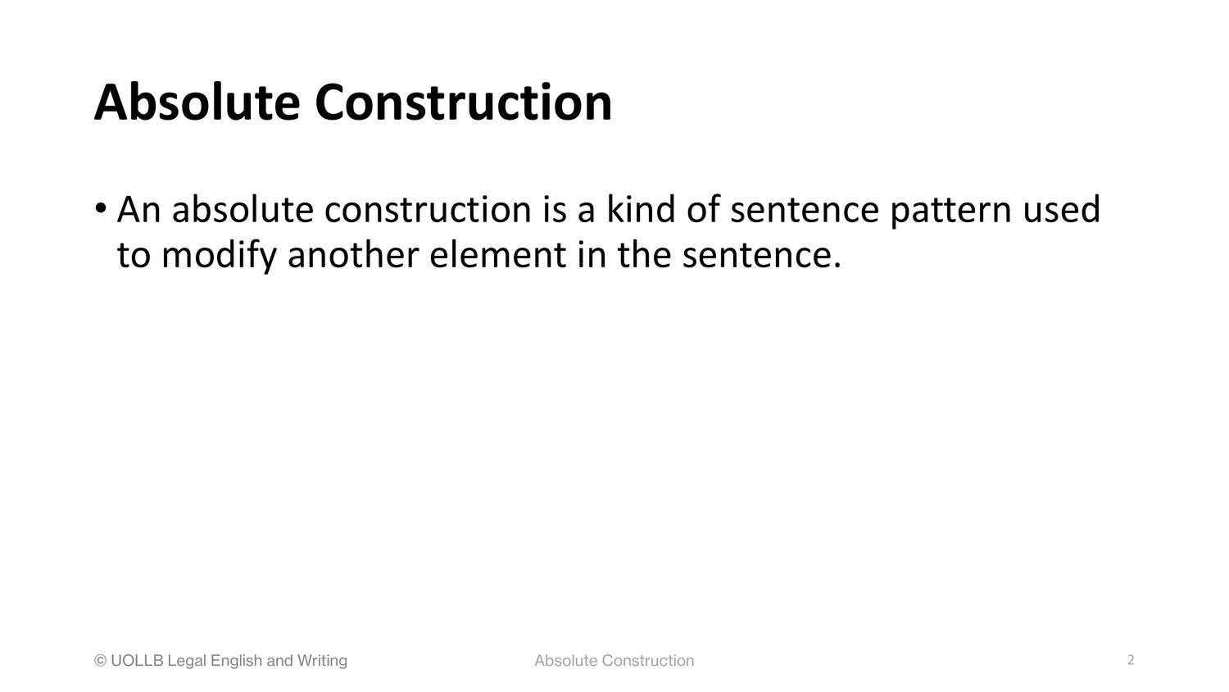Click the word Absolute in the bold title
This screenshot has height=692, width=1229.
197,102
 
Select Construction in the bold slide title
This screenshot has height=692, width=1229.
463,102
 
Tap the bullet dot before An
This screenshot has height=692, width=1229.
101,208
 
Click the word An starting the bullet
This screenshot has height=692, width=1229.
138,210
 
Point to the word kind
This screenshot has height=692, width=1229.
640,209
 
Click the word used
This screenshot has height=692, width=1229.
1062,209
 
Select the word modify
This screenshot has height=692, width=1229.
219,256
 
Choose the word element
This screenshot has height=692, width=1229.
497,255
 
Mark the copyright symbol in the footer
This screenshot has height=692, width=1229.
101,660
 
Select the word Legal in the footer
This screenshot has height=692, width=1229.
187,661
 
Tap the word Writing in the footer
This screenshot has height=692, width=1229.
322,661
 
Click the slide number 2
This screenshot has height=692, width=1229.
1131,659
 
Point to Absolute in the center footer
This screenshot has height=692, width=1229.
566,660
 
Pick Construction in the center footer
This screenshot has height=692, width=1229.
648,660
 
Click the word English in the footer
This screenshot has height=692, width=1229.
236,661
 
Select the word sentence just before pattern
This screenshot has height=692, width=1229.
805,211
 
